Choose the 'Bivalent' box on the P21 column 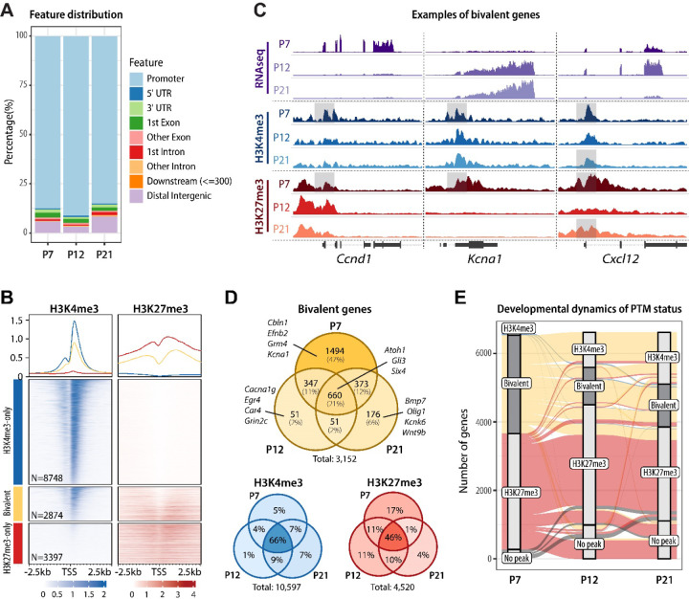pyautogui.click(x=664, y=406)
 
